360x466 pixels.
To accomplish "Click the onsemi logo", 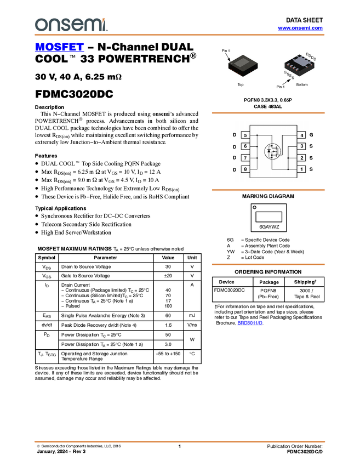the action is [x=71, y=24].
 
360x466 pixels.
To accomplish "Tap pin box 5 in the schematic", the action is [x=245, y=135].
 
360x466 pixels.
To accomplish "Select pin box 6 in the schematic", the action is [x=245, y=146].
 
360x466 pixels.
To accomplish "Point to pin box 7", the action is [x=245, y=158].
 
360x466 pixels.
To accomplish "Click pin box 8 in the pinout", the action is [x=245, y=169].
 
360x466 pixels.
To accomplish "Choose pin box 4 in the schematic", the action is [x=302, y=135].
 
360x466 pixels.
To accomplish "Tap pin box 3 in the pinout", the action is [x=302, y=146].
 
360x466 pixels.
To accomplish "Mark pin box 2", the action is [x=302, y=158].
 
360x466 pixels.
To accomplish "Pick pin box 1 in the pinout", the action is [x=302, y=169].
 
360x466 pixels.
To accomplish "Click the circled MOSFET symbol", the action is [x=272, y=152].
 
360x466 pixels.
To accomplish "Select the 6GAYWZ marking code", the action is [x=269, y=226].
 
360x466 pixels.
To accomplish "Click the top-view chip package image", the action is [x=243, y=65].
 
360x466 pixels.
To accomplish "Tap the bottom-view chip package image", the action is [x=299, y=66].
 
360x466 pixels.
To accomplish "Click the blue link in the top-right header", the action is [x=300, y=27].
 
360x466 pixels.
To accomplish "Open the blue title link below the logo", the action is [x=59, y=47].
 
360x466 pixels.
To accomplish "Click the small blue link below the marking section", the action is [x=250, y=323].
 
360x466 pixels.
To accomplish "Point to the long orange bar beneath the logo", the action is [x=179, y=35].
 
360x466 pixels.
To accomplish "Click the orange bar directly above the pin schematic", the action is [x=268, y=113].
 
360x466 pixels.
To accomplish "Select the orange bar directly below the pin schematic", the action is [x=268, y=190].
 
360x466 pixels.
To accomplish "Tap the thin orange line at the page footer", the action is [x=179, y=441].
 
